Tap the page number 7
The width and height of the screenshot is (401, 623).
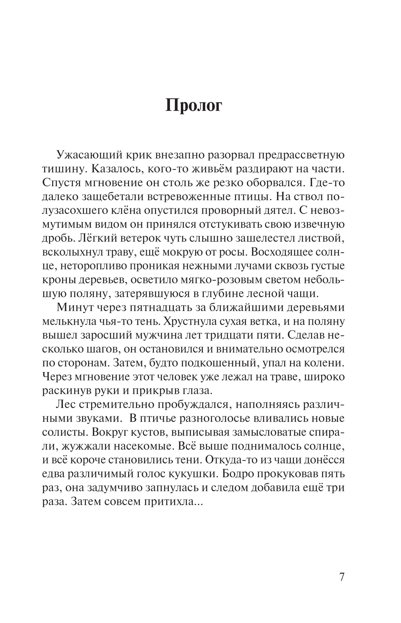pyautogui.click(x=342, y=577)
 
